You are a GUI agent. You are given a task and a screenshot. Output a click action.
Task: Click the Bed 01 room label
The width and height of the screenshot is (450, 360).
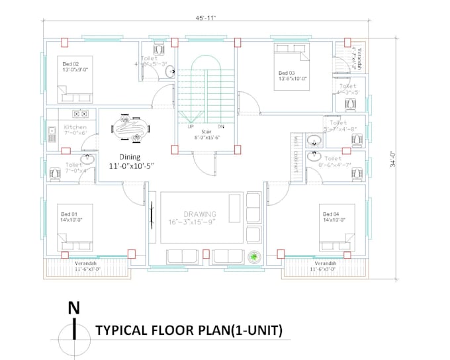click(70, 214)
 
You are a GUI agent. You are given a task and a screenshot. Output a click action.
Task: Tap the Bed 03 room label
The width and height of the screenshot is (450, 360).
click(287, 73)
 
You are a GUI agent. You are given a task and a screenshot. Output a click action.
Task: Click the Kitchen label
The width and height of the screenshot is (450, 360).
click(75, 126)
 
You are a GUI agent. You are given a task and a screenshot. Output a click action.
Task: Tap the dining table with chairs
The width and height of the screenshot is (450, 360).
click(130, 128)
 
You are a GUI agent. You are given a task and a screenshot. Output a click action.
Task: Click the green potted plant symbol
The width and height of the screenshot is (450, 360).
click(253, 257)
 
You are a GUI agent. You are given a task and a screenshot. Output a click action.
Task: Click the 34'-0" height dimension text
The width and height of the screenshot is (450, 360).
click(392, 161)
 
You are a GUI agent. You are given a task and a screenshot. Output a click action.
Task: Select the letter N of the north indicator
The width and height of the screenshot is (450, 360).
click(74, 308)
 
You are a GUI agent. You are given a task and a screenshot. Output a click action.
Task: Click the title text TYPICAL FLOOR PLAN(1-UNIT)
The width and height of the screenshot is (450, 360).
click(189, 330)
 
